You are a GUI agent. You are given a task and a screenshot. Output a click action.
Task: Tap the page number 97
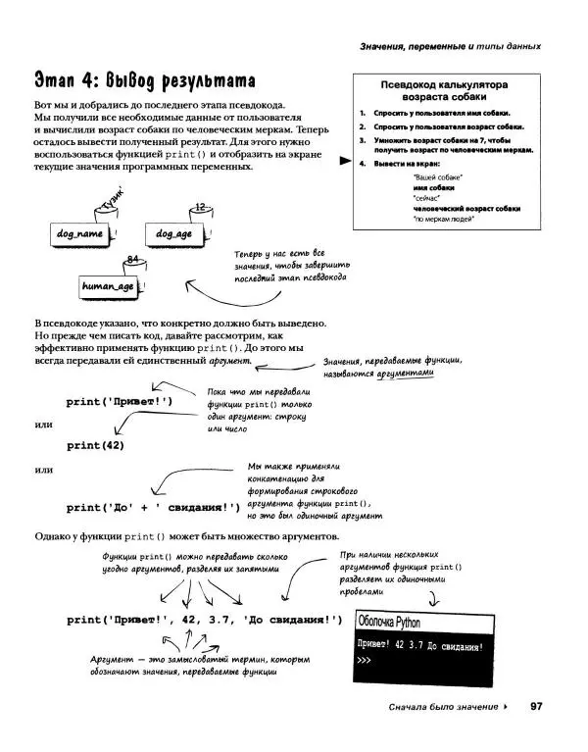click(536, 706)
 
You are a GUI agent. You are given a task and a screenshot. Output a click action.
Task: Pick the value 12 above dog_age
click(200, 207)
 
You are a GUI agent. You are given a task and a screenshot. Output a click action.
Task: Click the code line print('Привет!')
click(120, 401)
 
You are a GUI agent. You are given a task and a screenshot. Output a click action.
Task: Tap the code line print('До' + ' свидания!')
click(153, 507)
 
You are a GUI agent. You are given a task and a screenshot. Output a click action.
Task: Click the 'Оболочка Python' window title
click(392, 622)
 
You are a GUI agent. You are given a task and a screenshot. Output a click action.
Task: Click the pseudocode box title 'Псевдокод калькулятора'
click(441, 84)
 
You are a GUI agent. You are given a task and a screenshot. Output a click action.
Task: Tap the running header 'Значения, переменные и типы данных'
click(450, 46)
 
